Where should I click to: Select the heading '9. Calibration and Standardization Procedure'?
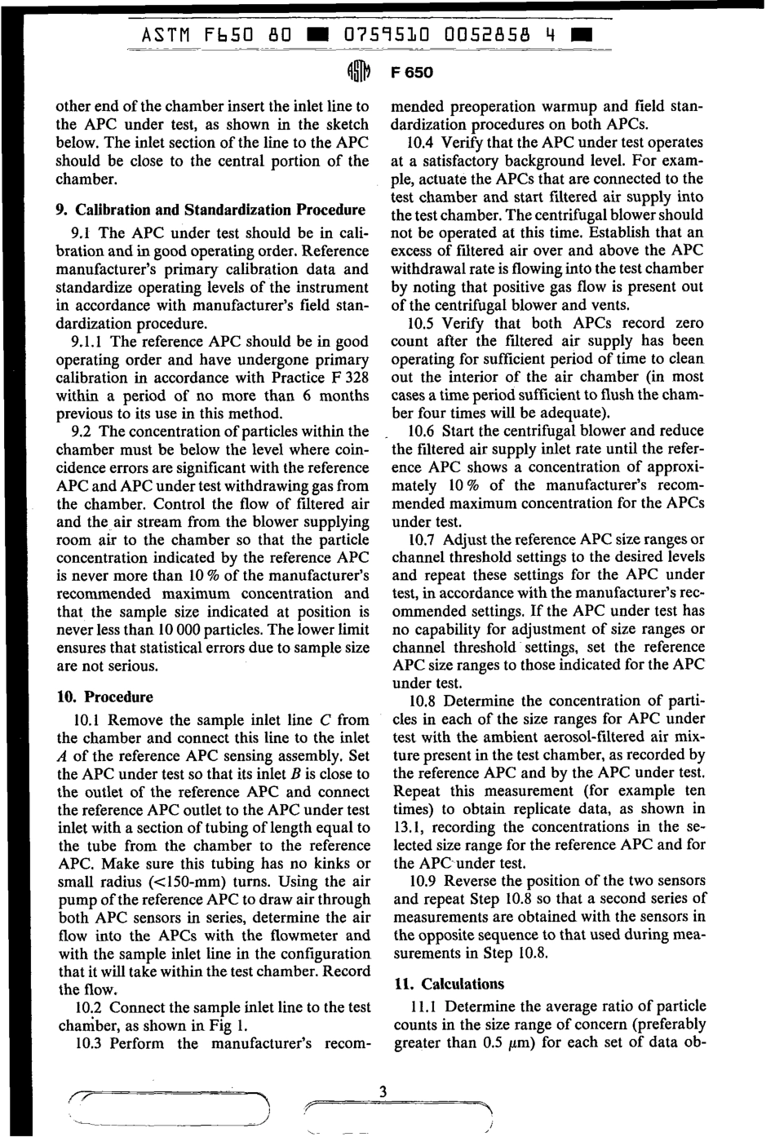coord(210,210)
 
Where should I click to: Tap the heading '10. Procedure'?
coord(104,697)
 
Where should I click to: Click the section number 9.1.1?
coord(89,342)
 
